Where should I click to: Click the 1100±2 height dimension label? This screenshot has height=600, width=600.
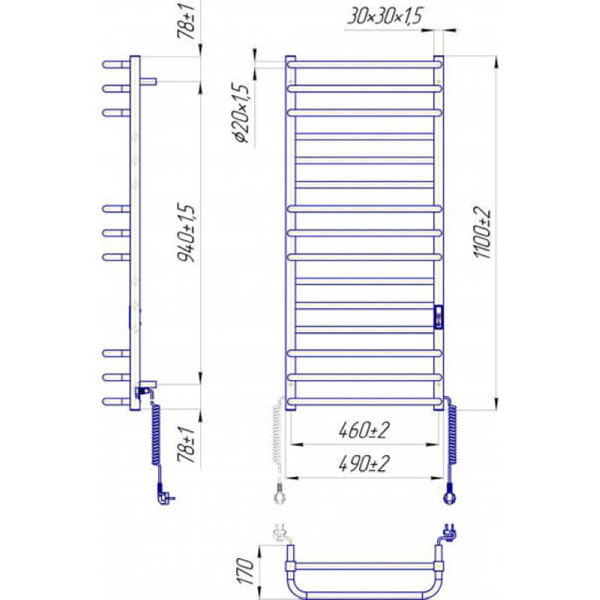tap(482, 232)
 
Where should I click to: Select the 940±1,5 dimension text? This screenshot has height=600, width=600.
tap(186, 232)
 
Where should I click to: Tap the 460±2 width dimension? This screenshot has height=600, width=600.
tap(364, 430)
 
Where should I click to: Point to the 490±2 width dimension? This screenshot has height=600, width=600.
tap(364, 463)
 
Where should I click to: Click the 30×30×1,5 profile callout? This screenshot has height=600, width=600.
tap(385, 16)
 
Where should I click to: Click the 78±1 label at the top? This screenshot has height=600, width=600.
tap(186, 20)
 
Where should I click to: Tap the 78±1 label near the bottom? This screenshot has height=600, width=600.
tap(186, 444)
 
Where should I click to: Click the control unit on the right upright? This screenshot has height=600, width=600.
tap(439, 316)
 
